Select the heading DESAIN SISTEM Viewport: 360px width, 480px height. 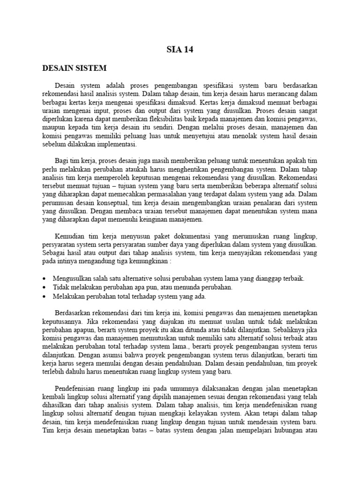(x=75, y=68)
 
